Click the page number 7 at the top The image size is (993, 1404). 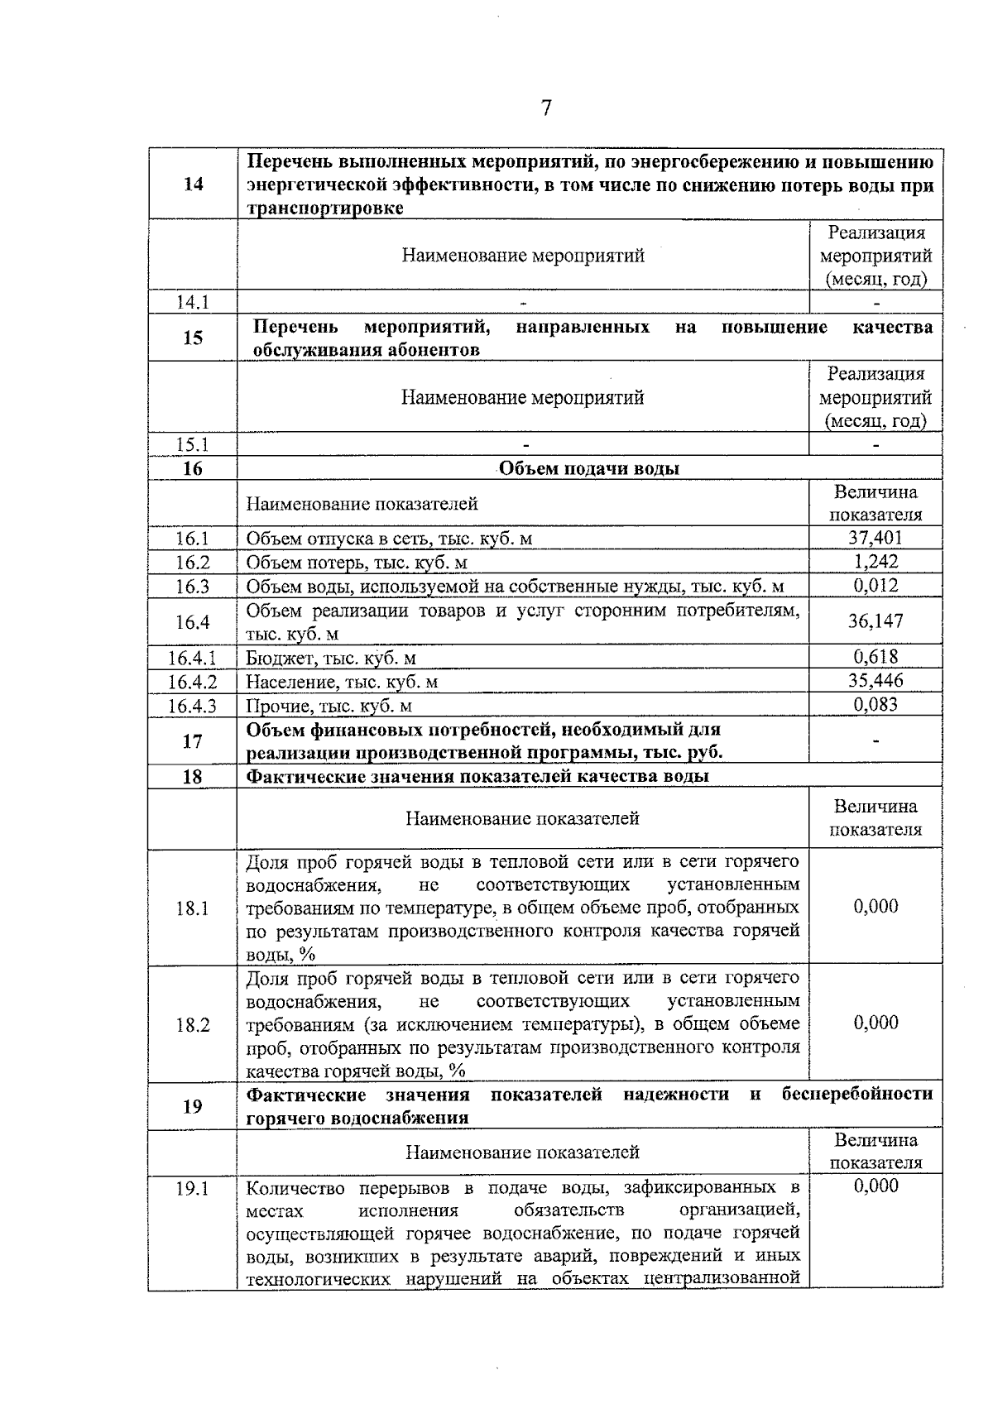(x=546, y=108)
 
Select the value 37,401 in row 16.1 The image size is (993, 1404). (x=875, y=539)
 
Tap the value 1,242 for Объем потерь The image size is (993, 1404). (x=875, y=563)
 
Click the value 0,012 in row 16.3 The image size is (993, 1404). (x=875, y=586)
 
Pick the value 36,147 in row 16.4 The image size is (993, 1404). (x=875, y=621)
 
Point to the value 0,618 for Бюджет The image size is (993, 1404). (x=875, y=657)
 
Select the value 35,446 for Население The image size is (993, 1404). (x=875, y=681)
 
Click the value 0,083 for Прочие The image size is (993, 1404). (x=875, y=705)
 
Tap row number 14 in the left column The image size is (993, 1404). (x=193, y=184)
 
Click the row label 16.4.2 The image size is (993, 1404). (x=193, y=682)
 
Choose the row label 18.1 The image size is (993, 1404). (x=193, y=908)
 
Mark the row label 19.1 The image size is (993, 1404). (x=193, y=1189)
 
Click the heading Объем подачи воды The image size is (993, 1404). (x=589, y=469)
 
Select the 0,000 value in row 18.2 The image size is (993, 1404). (x=875, y=1023)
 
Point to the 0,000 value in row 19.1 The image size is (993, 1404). (x=875, y=1186)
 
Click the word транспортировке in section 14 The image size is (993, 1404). (x=325, y=208)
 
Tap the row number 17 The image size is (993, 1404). (x=193, y=740)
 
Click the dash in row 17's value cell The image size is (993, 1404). (x=875, y=740)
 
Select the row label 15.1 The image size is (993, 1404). (x=193, y=444)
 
